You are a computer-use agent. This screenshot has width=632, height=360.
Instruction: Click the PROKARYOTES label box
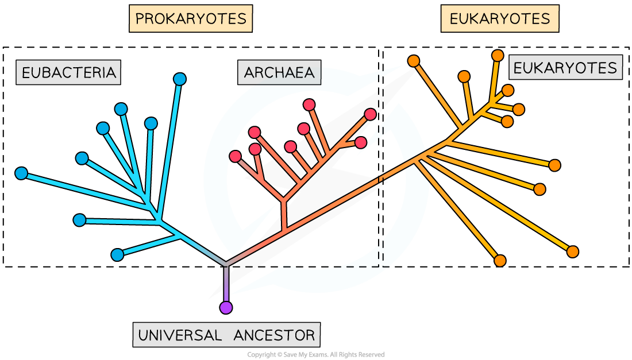tap(190, 19)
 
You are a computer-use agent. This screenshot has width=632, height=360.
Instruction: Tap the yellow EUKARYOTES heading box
tap(499, 19)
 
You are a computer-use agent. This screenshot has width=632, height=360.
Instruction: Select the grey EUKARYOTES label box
tap(565, 68)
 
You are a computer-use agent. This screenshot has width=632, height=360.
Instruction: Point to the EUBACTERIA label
tap(68, 72)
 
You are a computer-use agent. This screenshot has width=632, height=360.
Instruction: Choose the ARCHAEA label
tap(279, 72)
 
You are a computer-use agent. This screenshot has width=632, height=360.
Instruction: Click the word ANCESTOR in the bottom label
tap(275, 335)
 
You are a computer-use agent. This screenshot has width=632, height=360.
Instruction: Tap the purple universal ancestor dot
tap(226, 308)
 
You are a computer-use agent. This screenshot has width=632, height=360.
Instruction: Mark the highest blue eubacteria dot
tap(180, 79)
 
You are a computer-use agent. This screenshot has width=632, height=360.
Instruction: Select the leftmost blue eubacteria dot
tap(21, 173)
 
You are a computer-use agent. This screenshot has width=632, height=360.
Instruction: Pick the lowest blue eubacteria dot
tap(117, 255)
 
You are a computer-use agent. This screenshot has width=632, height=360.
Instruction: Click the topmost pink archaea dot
tap(309, 104)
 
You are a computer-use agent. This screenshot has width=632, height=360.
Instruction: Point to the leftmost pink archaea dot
tap(235, 156)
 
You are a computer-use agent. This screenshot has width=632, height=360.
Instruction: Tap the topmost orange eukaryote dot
tap(498, 55)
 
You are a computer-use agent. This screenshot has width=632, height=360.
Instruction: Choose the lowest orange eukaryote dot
tap(500, 261)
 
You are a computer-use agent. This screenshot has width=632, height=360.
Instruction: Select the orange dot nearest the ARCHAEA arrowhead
tap(413, 61)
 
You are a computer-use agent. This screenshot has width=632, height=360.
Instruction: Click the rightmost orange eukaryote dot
tap(572, 251)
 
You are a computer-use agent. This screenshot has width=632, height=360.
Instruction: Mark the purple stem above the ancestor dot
tap(226, 284)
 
